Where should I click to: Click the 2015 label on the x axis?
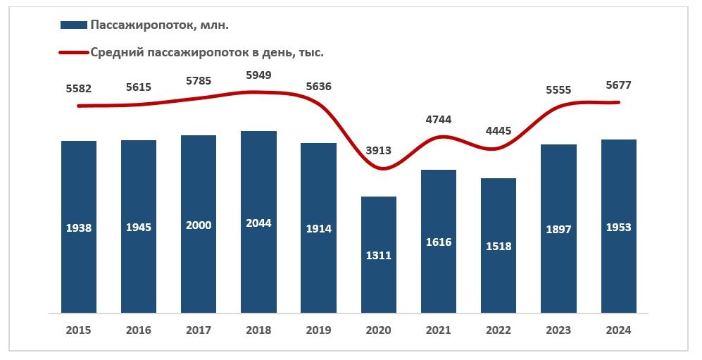pos(78,330)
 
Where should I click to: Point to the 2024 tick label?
pos(618,330)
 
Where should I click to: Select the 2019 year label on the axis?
pos(318,330)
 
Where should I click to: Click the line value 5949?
pos(258,75)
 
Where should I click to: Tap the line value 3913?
pos(378,150)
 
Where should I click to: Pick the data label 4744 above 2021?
pos(439,119)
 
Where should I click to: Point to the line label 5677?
pos(618,85)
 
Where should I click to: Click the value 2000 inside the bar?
pos(199,225)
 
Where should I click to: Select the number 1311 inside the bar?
pos(378,255)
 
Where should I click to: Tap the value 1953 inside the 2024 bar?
pos(618,227)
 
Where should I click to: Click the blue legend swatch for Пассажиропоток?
pos(73,25)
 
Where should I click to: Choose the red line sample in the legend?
pos(73,52)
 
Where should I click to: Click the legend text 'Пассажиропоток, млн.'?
pos(160,25)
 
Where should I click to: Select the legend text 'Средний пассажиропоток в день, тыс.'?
pos(207,52)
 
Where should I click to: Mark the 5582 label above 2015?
pos(78,89)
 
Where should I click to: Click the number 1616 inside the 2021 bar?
pos(439,242)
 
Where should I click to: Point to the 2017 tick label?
pos(199,330)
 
